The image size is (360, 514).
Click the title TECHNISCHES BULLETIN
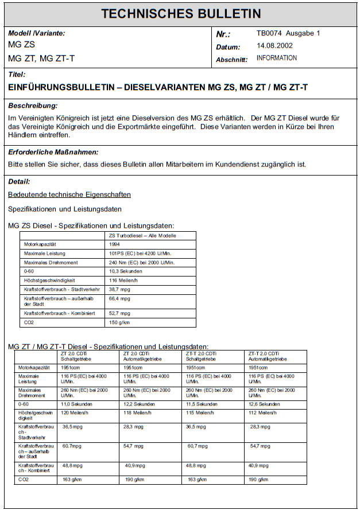coord(181,14)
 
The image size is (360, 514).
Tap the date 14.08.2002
coord(274,46)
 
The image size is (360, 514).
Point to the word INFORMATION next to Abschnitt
coord(277,58)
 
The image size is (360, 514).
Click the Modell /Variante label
coord(36,33)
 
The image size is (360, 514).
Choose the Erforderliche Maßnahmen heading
coord(53,152)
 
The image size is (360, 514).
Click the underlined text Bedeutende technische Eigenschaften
coord(69,195)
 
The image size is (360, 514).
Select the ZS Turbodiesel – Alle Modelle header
coord(142,235)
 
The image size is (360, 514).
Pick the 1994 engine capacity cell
coord(115,244)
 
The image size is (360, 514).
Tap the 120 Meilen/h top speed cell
coord(75,412)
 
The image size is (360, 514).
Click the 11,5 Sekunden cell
coord(202,404)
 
